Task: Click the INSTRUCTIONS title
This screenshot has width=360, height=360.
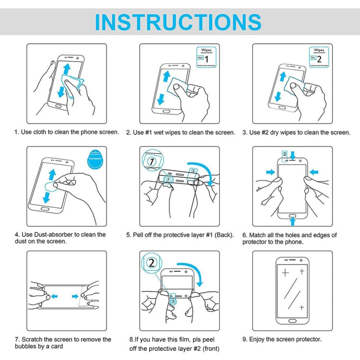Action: pyautogui.click(x=178, y=22)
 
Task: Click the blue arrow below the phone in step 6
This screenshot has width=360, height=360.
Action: pyautogui.click(x=292, y=220)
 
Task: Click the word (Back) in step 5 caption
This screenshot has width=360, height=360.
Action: pyautogui.click(x=224, y=235)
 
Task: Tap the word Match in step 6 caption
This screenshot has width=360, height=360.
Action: pyautogui.click(x=260, y=235)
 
